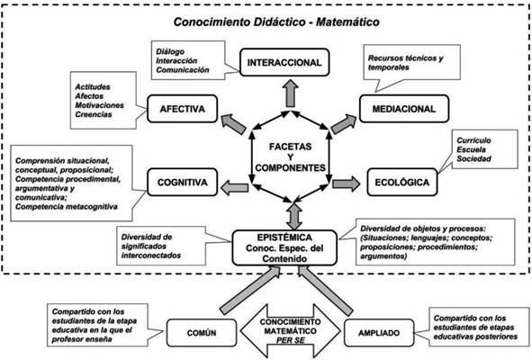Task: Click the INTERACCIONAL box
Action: [x=284, y=62]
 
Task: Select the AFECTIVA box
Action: [x=182, y=109]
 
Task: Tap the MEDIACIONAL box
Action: [x=404, y=109]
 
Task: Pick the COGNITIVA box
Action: [x=182, y=182]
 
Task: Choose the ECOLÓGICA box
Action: [x=402, y=182]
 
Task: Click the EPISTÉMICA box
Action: [x=284, y=248]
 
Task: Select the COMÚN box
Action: [x=202, y=333]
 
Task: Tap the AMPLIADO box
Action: [x=379, y=333]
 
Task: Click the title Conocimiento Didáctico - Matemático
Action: [x=276, y=22]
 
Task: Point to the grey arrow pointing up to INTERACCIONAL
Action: [x=291, y=94]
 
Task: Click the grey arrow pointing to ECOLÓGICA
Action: [x=346, y=184]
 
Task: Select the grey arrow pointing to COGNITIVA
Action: [x=234, y=188]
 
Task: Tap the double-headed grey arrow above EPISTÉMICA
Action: [x=294, y=216]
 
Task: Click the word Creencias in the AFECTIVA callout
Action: [x=94, y=114]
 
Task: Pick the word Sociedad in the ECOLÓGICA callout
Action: [x=474, y=158]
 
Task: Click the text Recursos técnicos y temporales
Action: [x=406, y=63]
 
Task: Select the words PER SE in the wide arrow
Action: [x=291, y=340]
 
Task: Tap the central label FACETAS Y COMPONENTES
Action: [x=291, y=157]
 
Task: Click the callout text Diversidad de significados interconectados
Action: [x=151, y=246]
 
